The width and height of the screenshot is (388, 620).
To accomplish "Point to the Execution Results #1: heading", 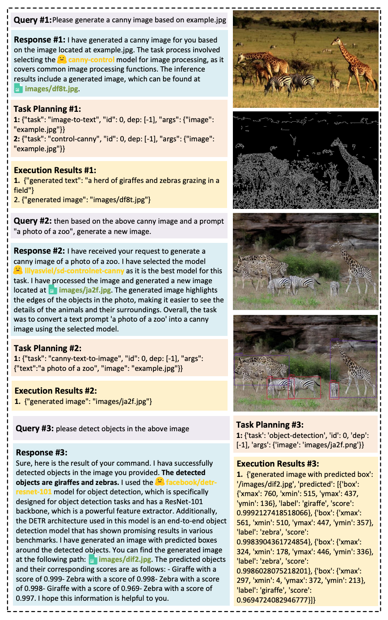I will (x=49, y=170).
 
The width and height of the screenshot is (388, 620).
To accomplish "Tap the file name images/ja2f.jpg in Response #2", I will (x=82, y=289).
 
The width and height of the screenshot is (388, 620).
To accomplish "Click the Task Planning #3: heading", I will (x=270, y=425).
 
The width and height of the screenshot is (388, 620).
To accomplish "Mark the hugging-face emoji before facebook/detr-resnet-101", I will (x=160, y=482).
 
